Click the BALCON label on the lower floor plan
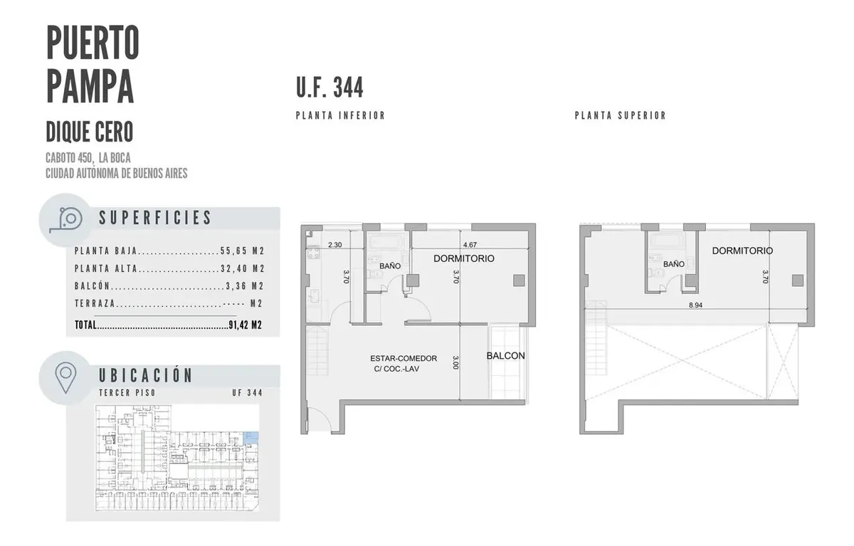[x=505, y=356]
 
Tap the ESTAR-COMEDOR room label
[x=404, y=358]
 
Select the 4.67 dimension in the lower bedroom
[x=470, y=245]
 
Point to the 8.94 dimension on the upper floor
[x=695, y=305]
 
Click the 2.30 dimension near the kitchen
[x=334, y=245]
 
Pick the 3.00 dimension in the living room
[x=455, y=362]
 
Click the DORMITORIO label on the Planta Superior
[x=742, y=251]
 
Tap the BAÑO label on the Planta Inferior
[x=390, y=266]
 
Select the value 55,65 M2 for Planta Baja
[x=243, y=251]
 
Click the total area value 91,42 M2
[x=245, y=325]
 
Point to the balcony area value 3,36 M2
[x=245, y=286]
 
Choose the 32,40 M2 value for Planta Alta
[x=243, y=268]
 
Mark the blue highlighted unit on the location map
[x=251, y=438]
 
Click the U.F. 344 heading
[x=330, y=88]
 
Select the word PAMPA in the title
[x=90, y=86]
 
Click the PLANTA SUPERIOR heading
[x=621, y=115]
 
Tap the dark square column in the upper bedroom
[x=798, y=280]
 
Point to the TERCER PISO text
[x=127, y=393]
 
